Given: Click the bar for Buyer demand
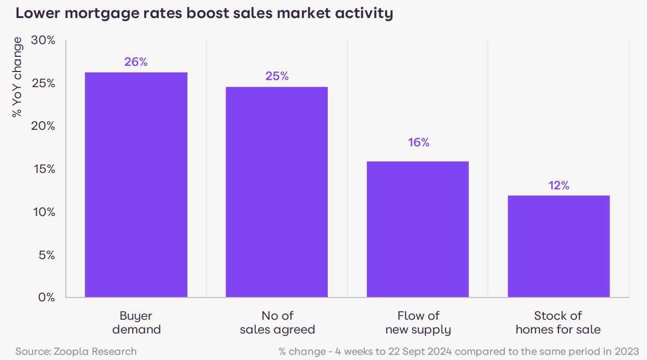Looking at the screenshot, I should click(x=136, y=185).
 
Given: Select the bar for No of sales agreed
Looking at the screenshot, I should click(x=277, y=192).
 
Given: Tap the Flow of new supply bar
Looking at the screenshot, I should click(x=418, y=229).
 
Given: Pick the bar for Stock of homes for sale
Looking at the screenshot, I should click(x=558, y=246).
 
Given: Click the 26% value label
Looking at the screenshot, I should click(x=136, y=62).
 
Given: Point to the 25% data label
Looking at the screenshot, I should click(x=277, y=76).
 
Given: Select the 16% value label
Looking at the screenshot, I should click(x=419, y=143).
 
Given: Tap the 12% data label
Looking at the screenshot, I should click(x=559, y=186).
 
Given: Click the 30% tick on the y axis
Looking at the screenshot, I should click(x=43, y=41).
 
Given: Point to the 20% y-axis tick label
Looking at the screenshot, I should click(x=43, y=126).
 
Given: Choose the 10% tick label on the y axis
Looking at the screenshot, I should click(x=43, y=212).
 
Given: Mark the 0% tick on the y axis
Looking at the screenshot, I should click(x=46, y=297).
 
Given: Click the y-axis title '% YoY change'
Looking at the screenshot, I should click(x=17, y=78).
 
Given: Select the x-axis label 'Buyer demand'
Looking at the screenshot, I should click(x=136, y=323).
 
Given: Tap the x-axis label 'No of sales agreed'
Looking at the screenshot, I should click(x=277, y=323).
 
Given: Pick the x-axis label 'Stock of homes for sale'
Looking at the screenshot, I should click(x=558, y=323).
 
